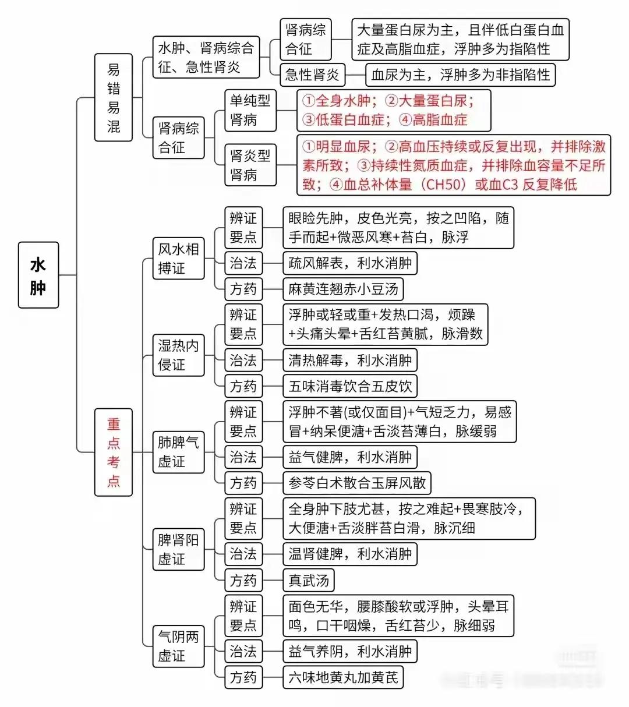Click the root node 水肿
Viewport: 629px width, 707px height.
tap(38, 275)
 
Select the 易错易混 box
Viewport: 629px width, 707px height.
tap(114, 97)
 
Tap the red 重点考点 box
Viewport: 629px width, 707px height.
tap(114, 453)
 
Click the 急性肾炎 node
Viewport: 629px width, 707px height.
tap(312, 75)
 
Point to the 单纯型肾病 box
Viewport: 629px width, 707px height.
tap(250, 111)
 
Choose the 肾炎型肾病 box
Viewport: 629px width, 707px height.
tap(250, 165)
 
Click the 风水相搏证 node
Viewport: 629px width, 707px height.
tap(178, 259)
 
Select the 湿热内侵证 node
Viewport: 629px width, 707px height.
tap(178, 355)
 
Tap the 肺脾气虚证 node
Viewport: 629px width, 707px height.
tap(178, 453)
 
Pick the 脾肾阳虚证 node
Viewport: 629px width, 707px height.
tap(178, 549)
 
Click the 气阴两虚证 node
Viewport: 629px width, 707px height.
tap(178, 646)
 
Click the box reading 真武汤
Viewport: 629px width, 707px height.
tap(309, 580)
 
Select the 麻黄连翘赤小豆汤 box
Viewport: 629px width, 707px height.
tap(343, 289)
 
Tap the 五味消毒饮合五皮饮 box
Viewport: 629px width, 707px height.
tap(350, 386)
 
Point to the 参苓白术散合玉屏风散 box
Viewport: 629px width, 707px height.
tap(357, 483)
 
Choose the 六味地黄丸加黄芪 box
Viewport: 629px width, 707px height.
tap(343, 677)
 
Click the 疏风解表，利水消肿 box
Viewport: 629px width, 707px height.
tap(350, 263)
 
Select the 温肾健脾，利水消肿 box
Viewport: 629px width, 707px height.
tap(350, 554)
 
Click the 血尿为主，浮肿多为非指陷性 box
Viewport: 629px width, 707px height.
tap(461, 75)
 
